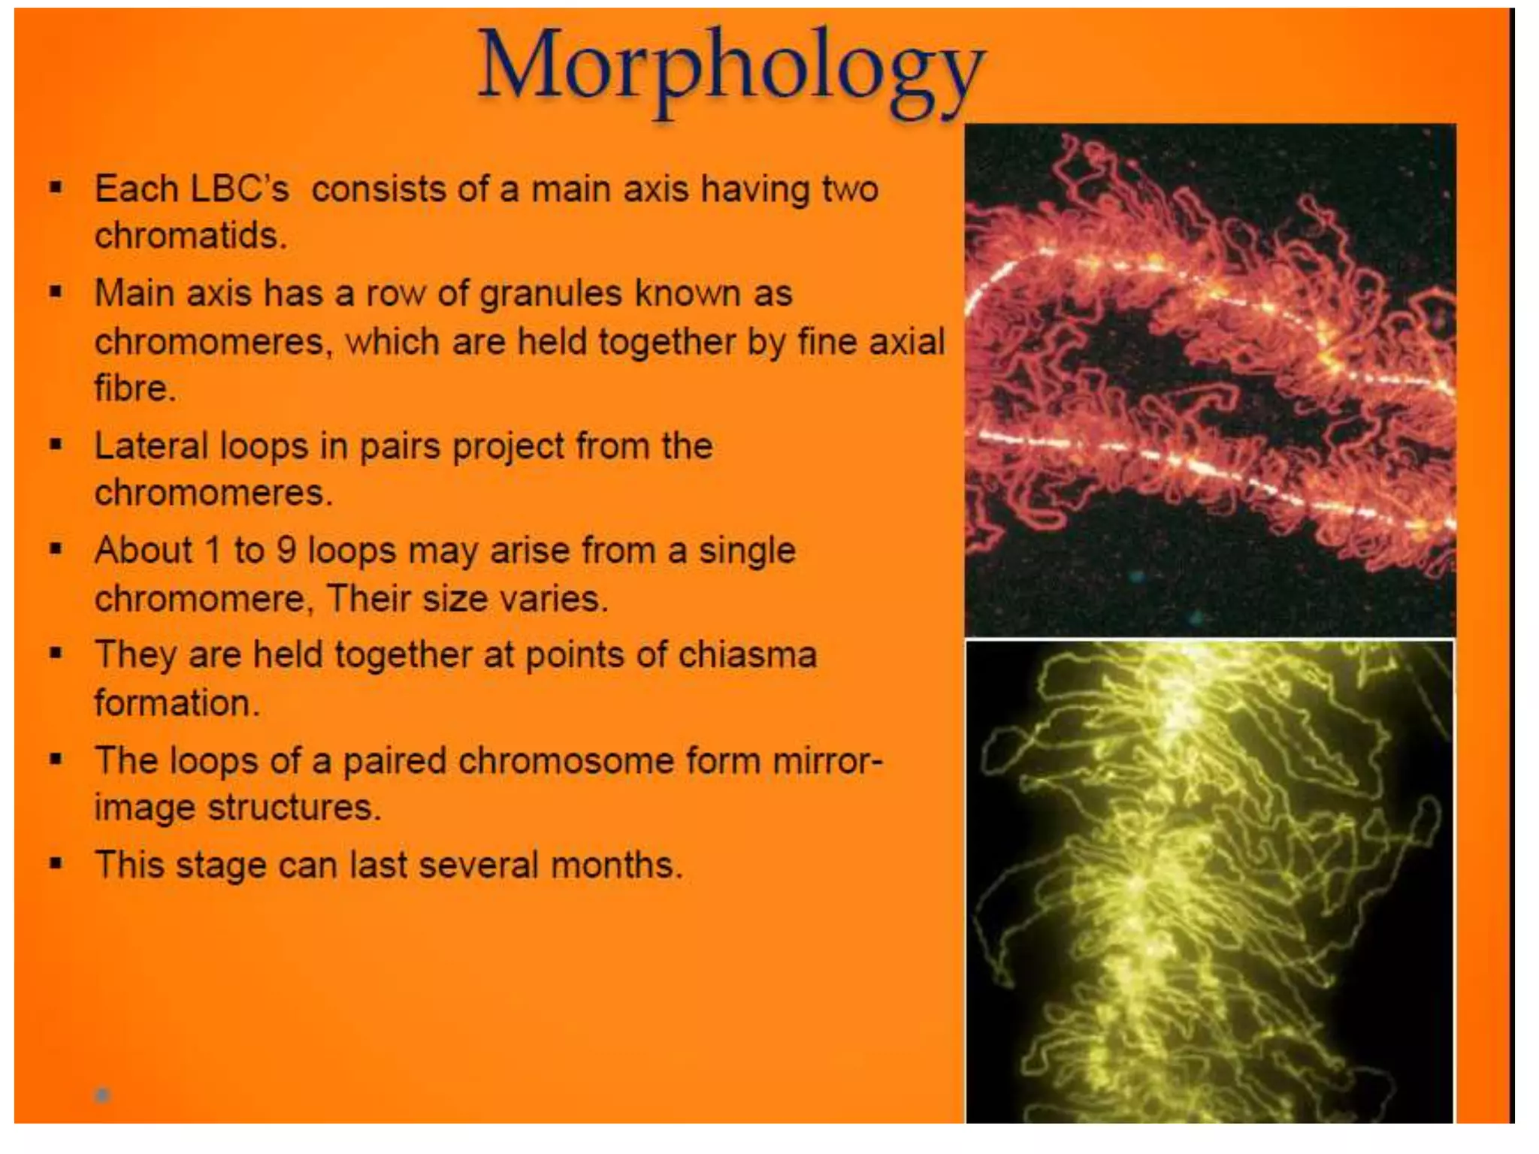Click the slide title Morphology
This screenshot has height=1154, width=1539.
[x=730, y=69]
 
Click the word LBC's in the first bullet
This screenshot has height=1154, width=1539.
[x=240, y=189]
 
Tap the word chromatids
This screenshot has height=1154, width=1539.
[x=190, y=236]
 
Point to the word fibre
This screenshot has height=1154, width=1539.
[x=135, y=388]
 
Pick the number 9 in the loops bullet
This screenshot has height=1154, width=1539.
[x=286, y=550]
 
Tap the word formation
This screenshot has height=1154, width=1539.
[x=177, y=703]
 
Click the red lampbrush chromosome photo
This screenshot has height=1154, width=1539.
[x=1210, y=379]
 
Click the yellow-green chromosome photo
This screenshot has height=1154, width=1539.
[x=1210, y=882]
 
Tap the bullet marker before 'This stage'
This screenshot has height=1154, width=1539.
[x=56, y=862]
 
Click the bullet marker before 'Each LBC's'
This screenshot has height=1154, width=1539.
[x=56, y=186]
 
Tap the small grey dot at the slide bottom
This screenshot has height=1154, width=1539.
[x=103, y=1095]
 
